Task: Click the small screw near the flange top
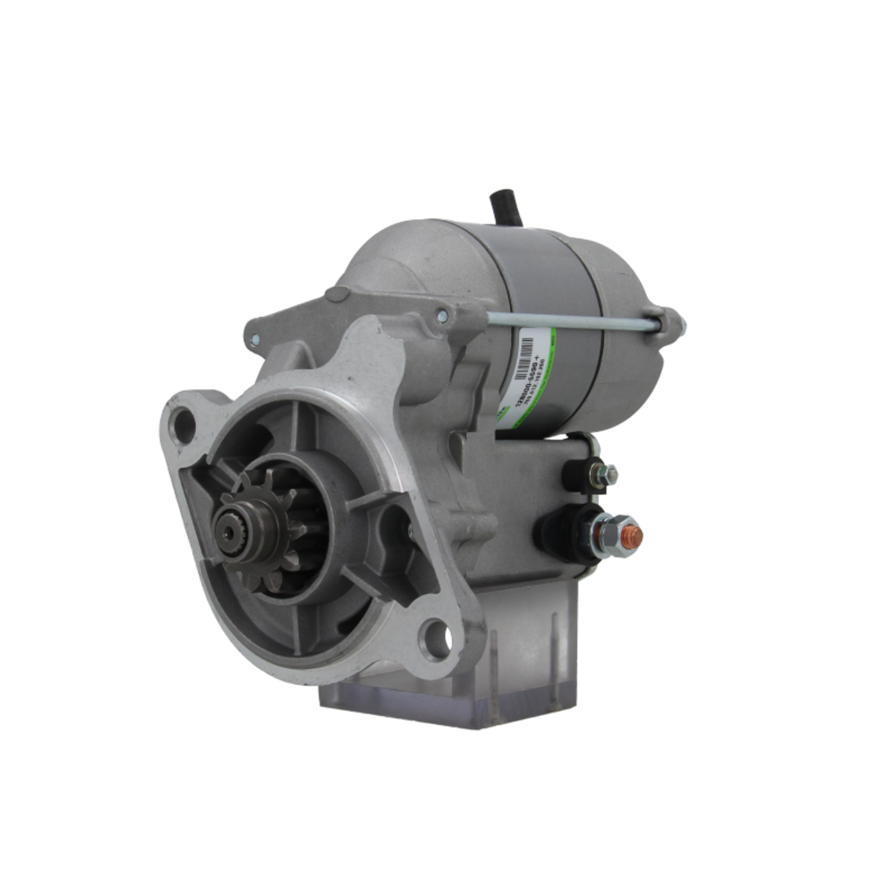(440, 315)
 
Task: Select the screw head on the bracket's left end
(255, 340)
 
